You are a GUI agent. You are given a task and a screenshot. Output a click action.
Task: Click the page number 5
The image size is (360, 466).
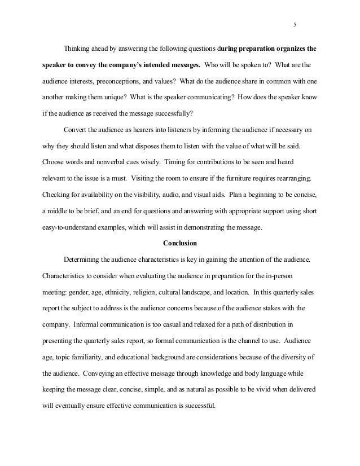[x=295, y=25]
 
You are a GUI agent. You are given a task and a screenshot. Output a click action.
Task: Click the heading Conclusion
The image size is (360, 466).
[x=179, y=244]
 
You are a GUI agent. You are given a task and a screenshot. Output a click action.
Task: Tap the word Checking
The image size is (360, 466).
[x=57, y=195]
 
